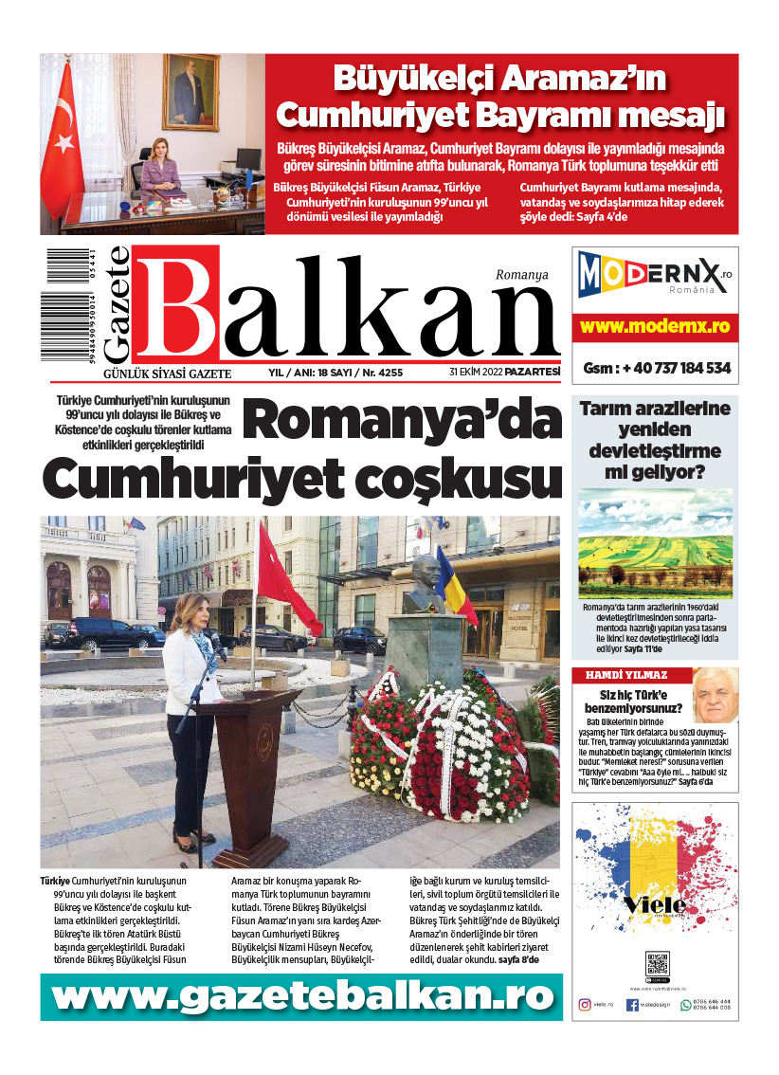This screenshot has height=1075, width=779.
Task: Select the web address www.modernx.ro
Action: click(x=655, y=326)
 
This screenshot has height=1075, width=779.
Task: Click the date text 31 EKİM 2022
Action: click(x=476, y=373)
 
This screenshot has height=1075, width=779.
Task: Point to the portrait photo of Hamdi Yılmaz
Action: click(x=715, y=696)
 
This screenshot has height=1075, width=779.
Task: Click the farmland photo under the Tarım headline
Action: click(x=655, y=543)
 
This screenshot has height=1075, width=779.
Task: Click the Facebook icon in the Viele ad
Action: click(x=631, y=1005)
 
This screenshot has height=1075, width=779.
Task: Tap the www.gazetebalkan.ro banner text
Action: click(x=301, y=996)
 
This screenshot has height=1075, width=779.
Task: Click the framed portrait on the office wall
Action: click(x=190, y=92)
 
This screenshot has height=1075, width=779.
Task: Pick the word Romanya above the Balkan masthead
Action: click(x=522, y=275)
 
